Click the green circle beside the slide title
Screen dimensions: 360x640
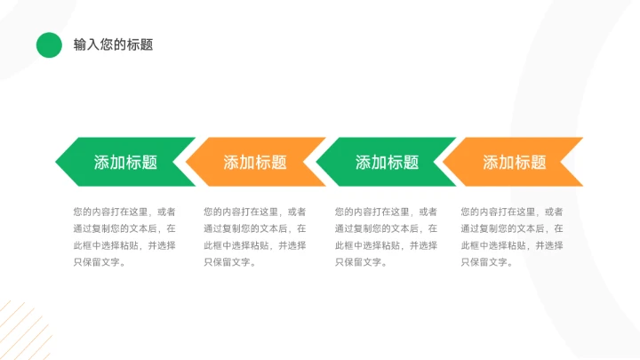[x=49, y=44]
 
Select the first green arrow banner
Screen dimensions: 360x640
[x=125, y=162]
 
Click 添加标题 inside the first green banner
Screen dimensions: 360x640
[x=125, y=163]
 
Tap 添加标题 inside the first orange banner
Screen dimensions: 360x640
[x=255, y=163]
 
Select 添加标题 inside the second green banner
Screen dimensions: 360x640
[x=387, y=163]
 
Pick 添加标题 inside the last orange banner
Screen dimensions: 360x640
[x=515, y=163]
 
